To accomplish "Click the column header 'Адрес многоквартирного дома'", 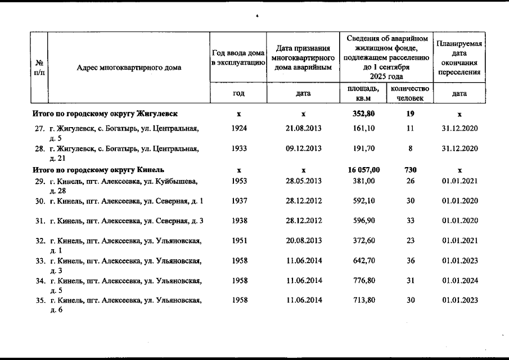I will (129, 68).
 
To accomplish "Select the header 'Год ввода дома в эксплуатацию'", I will (238, 57).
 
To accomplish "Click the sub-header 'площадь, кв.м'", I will (363, 93).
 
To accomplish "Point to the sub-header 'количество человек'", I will (410, 93).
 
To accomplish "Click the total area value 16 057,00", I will (364, 169).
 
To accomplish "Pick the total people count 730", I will (411, 169).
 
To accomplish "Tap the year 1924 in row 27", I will (238, 128).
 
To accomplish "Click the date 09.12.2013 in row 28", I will (304, 148).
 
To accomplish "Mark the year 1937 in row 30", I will (238, 201).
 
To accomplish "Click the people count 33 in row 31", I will (411, 220).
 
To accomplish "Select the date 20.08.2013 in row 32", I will (304, 241).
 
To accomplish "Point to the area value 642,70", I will (364, 260).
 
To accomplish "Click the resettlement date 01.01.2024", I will (460, 280).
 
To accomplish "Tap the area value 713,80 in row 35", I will (364, 300).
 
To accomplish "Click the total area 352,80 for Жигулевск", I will (364, 114).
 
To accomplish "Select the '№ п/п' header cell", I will (39, 68).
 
